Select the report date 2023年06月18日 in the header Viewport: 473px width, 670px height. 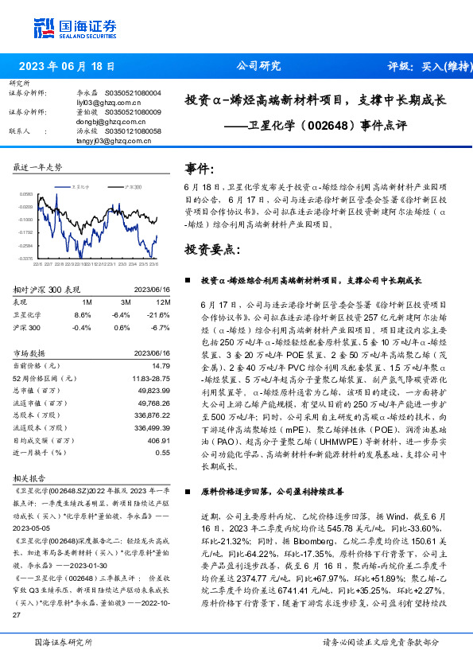66,67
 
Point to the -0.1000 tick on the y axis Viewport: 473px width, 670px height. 26,219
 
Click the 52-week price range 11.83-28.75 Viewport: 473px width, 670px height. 150,378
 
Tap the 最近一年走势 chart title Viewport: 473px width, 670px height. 38,167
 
